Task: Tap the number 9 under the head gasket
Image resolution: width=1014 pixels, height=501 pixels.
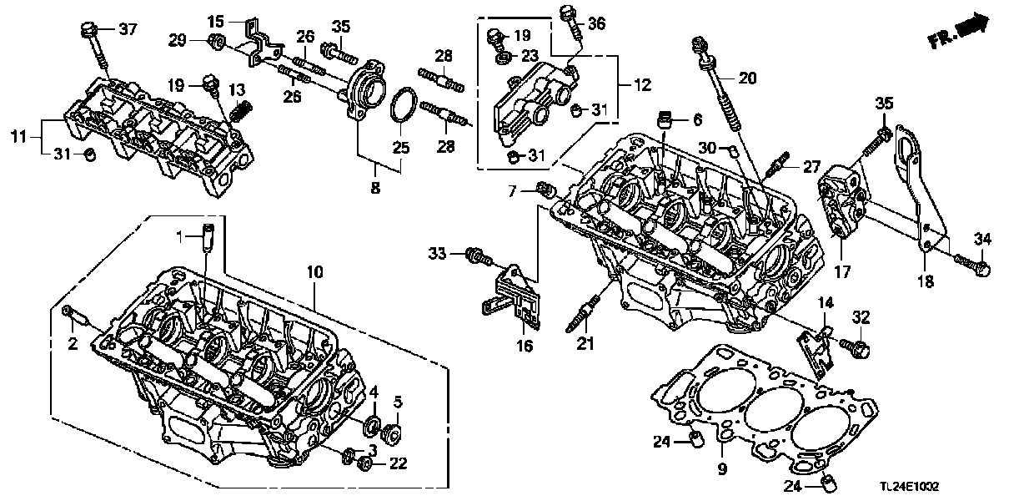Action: pos(721,469)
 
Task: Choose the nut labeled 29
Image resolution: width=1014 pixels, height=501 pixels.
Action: pos(213,43)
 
